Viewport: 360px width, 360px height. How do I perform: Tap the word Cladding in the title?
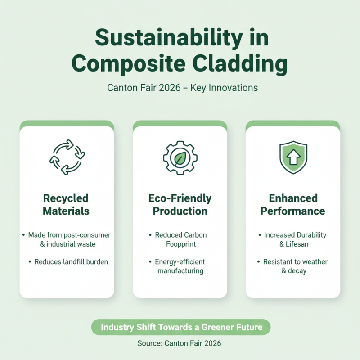point(240,63)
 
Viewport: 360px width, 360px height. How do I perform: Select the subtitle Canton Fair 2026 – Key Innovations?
point(183,88)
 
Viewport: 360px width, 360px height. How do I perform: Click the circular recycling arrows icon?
point(67,157)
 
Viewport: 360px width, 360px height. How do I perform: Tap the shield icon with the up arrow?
point(293,157)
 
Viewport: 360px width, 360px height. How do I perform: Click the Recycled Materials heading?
point(66,205)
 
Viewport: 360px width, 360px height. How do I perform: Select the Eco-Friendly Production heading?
point(180,205)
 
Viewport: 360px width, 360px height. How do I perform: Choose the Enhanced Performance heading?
point(293,205)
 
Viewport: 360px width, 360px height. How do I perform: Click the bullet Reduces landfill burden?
point(68,262)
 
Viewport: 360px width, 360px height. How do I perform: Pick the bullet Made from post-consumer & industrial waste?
point(67,239)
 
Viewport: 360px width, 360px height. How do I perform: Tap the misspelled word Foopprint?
point(181,244)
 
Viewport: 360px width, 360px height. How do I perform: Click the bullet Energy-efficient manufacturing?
point(177,266)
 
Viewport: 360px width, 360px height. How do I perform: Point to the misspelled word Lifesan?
point(297,244)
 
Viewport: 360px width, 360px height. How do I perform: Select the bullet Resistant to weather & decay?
point(293,266)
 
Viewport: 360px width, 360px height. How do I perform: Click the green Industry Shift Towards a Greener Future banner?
point(181,327)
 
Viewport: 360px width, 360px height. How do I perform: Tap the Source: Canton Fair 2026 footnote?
point(179,343)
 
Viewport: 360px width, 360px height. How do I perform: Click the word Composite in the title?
point(129,64)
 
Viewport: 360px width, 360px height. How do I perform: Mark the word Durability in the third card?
point(311,235)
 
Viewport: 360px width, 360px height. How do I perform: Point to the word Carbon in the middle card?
point(195,235)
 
